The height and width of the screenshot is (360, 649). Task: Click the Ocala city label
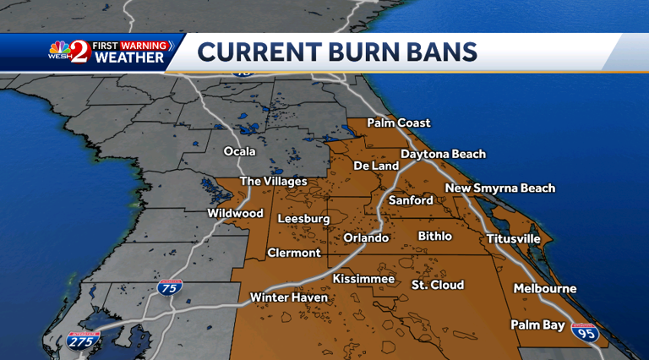coord(239,152)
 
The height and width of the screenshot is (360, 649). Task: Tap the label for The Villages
coord(274,182)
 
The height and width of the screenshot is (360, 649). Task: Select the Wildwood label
coord(236,214)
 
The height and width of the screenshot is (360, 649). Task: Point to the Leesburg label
coord(303,220)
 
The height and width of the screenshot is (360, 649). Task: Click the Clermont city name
coord(294,253)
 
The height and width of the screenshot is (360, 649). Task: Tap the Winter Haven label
coord(288,297)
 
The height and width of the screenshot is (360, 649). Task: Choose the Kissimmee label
coord(363,279)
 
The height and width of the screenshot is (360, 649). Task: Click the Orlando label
coord(366,238)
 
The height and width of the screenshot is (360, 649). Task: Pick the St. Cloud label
coord(437,285)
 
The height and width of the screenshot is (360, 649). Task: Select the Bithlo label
coord(434,237)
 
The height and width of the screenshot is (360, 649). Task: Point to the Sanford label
coord(411,201)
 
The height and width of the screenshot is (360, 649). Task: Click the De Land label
coord(376,166)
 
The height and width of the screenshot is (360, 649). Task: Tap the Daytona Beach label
coord(444,155)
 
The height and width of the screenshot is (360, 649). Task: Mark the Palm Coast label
coord(399,123)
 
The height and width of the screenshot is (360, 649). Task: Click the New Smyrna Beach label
coord(500,188)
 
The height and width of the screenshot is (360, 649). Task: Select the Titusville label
coord(513,239)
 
